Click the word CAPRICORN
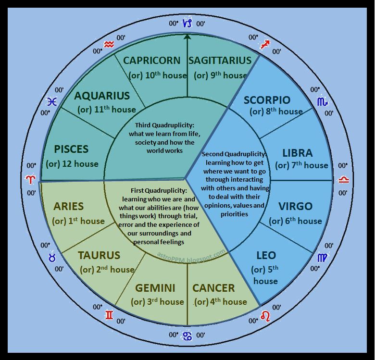coord(151,61)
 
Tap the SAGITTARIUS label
coord(220,61)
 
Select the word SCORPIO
coord(267,100)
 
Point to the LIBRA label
coord(298,153)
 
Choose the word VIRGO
coord(296,207)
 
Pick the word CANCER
coord(213,288)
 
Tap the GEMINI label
coord(155,288)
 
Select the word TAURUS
coord(99,255)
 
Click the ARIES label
coord(69,207)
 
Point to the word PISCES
coord(71,149)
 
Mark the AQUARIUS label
coord(102,96)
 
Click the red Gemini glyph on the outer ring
coord(110,315)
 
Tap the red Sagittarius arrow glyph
coord(264,45)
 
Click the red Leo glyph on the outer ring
coord(265,316)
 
